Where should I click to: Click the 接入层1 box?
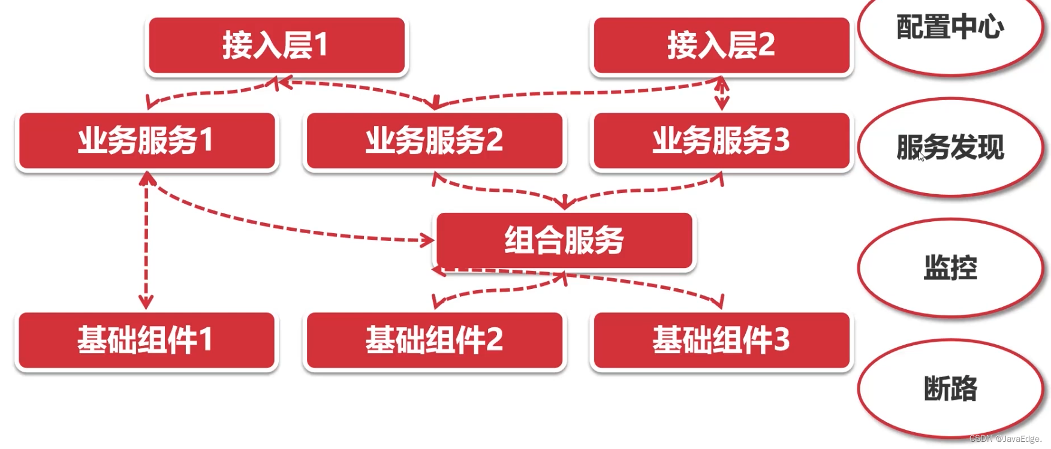pos(276,46)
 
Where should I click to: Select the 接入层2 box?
pos(721,46)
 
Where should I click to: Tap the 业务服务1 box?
pos(146,141)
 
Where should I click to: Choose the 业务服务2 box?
pos(434,141)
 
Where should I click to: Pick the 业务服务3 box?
pos(721,141)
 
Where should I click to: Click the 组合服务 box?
pos(564,240)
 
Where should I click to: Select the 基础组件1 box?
pos(146,340)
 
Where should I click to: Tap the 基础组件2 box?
pos(434,340)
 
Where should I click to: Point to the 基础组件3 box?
pos(721,340)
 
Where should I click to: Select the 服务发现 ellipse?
pos(950,147)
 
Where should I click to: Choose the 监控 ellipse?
pos(950,268)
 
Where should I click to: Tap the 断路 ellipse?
pos(950,388)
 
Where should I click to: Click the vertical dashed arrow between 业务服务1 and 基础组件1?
pos(146,240)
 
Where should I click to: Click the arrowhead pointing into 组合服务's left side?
pos(428,241)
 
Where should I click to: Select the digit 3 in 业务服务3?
pos(781,140)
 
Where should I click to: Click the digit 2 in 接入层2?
pos(766,45)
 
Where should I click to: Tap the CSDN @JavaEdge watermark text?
pos(1005,439)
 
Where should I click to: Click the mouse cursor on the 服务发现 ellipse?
pos(921,156)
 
